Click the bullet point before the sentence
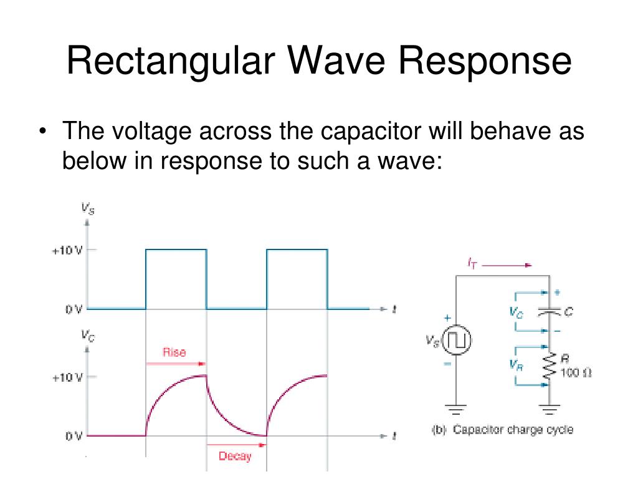coord(42,133)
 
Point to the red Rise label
coord(174,352)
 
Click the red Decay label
coord(234,456)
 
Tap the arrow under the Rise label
coord(175,363)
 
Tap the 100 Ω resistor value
coord(576,373)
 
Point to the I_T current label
coord(473,264)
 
